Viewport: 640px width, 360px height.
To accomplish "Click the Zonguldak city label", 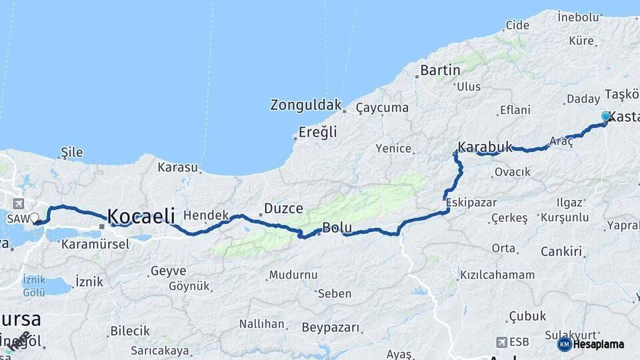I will (306, 105).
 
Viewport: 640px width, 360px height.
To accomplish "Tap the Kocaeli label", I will (141, 215).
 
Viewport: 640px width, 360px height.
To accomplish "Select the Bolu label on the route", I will (337, 228).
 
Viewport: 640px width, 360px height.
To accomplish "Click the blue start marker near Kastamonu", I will (606, 117).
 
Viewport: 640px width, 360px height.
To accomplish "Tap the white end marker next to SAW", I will (35, 217).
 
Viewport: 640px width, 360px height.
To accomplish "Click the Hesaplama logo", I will (591, 344).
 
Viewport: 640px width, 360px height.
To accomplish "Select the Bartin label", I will (440, 69).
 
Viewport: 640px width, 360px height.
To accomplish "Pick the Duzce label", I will (283, 208).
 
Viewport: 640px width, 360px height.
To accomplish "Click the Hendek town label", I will (206, 215).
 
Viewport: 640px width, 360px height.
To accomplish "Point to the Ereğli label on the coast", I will (318, 132).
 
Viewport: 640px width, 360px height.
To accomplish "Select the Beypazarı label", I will (331, 328).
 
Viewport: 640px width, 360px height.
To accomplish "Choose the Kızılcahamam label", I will (497, 275).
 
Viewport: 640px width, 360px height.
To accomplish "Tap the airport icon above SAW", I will (16, 203).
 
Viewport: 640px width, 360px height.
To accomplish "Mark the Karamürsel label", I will (95, 244).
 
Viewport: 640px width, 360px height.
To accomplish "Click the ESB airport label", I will (519, 342).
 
